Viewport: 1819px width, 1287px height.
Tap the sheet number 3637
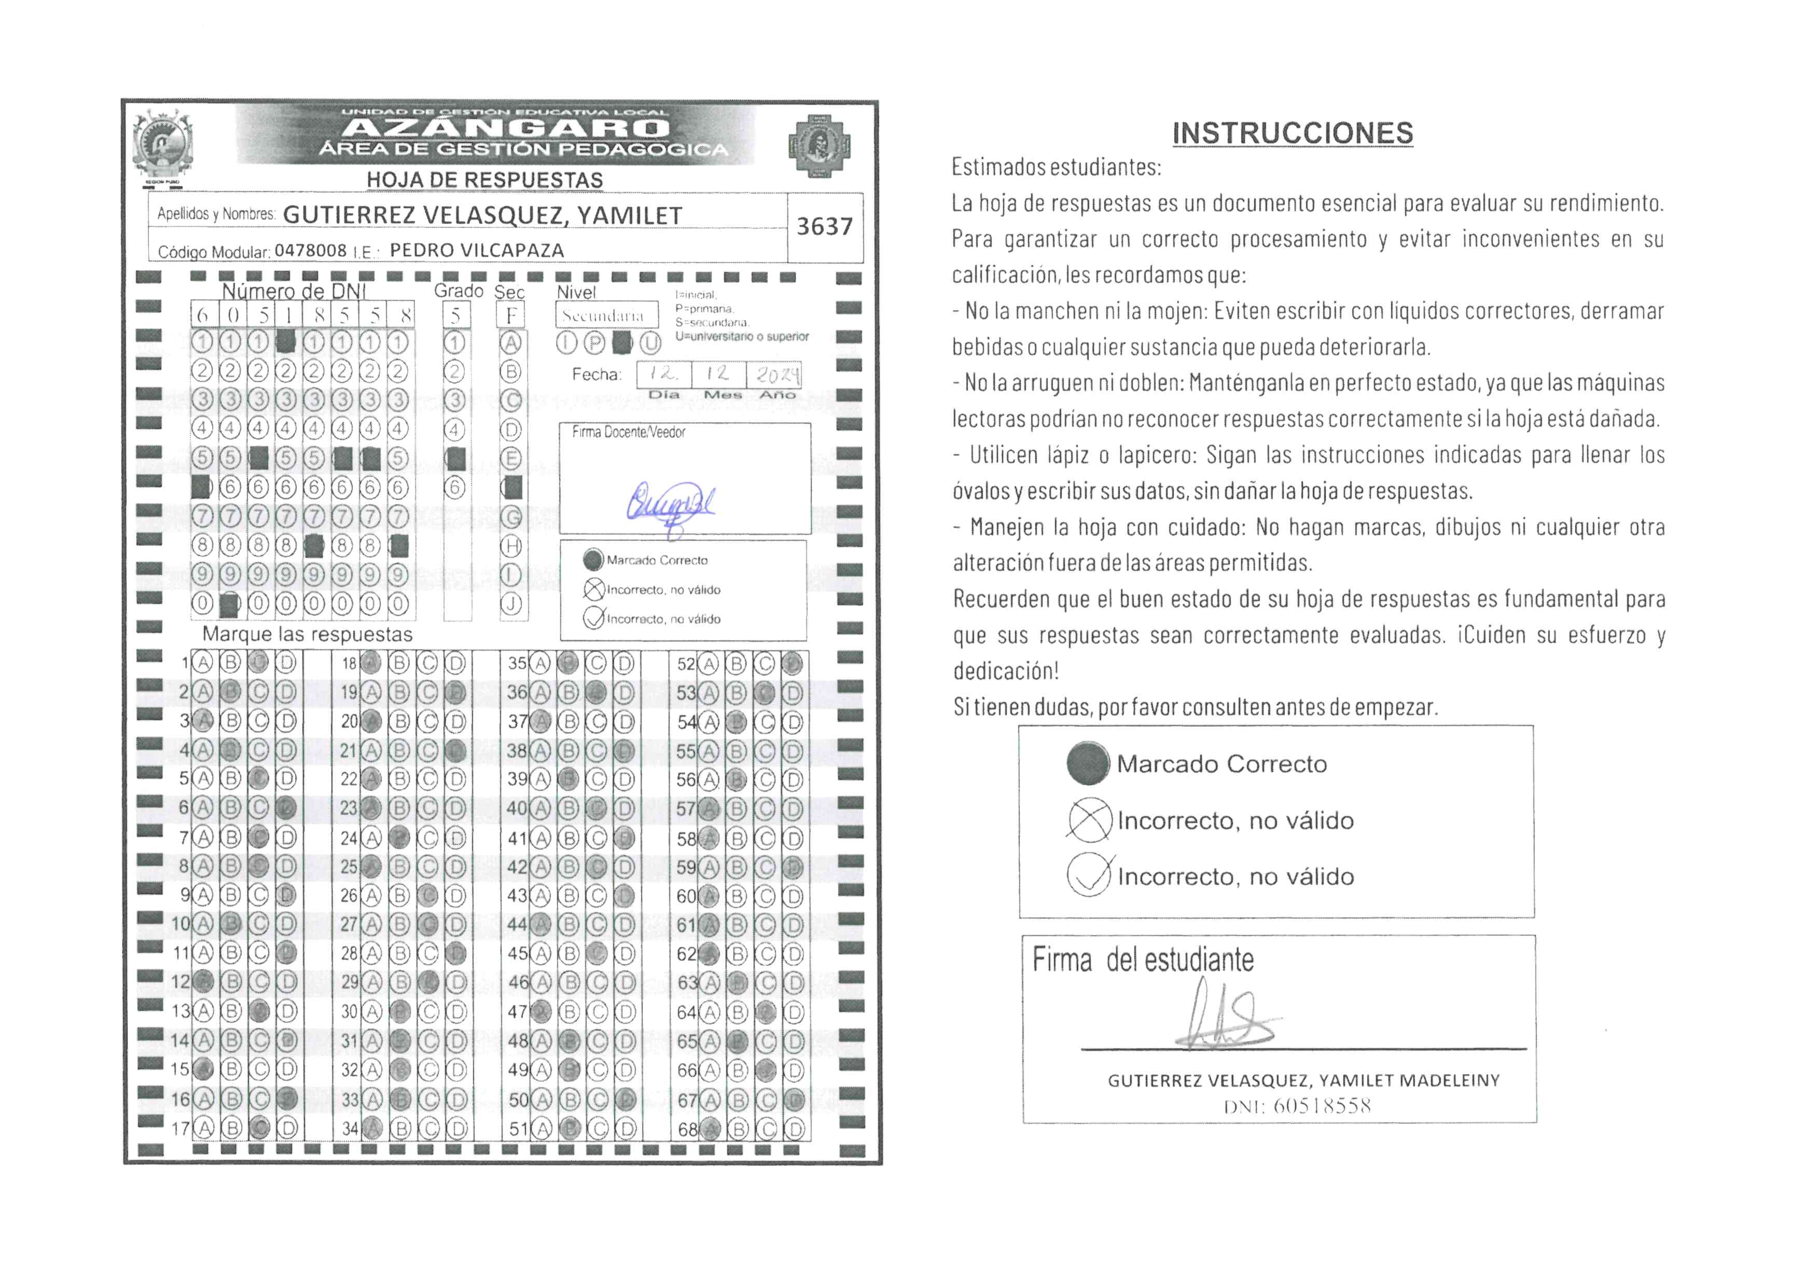(x=824, y=227)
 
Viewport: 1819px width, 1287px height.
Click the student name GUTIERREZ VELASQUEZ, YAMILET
(x=482, y=215)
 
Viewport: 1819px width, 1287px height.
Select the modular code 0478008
(x=311, y=251)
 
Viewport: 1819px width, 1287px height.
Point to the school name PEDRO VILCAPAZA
(x=477, y=251)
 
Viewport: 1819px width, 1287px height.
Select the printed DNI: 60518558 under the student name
(x=1297, y=1106)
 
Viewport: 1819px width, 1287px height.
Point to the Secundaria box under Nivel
(x=606, y=316)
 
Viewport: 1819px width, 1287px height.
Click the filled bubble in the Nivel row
(x=623, y=343)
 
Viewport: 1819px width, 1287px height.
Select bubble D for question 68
(x=793, y=1129)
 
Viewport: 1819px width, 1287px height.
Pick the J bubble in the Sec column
(x=512, y=605)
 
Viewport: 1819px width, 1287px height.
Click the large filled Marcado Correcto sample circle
(x=1088, y=763)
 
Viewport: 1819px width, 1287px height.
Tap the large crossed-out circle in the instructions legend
(x=1089, y=819)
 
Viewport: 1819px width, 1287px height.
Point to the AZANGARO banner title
(x=507, y=128)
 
